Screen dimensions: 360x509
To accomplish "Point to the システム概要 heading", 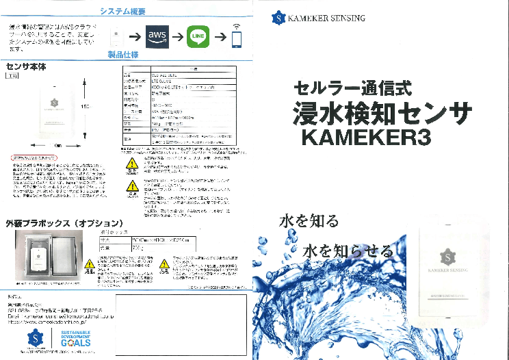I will tap(122, 12).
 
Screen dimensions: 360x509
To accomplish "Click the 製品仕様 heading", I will tap(123, 55).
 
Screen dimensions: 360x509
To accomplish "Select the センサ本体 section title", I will tap(25, 67).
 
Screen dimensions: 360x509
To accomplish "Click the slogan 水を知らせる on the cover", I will tap(350, 250).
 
